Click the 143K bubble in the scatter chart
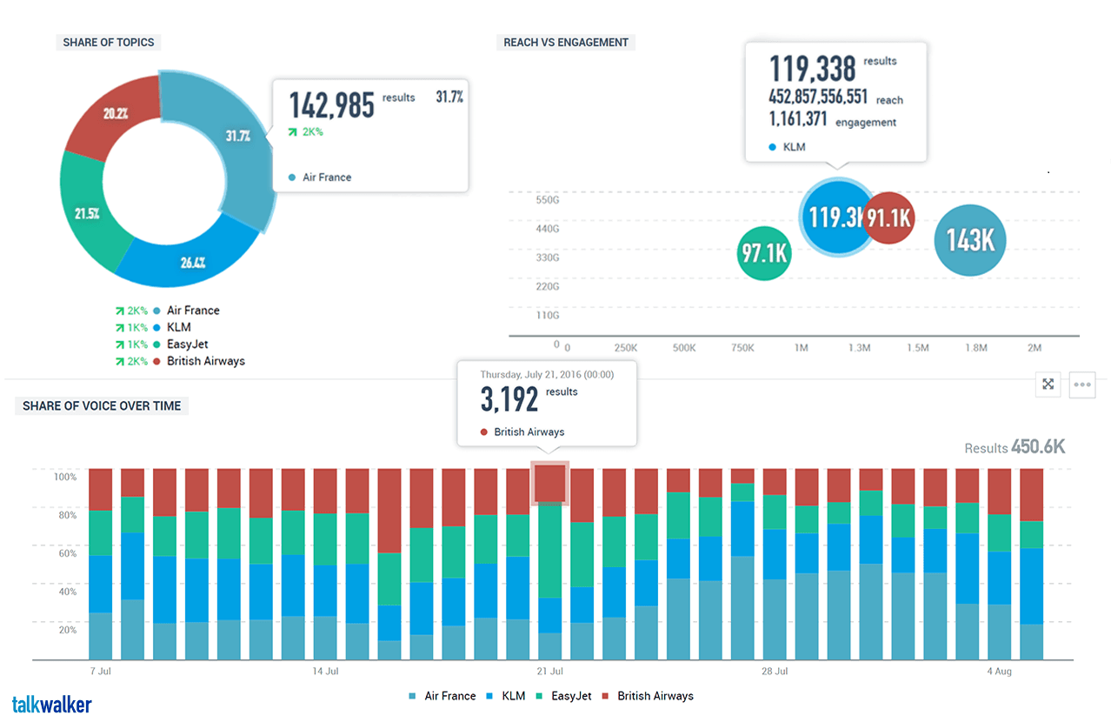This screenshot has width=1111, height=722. [x=969, y=239]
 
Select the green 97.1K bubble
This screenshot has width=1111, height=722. [x=764, y=253]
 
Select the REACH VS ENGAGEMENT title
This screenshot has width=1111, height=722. [x=566, y=42]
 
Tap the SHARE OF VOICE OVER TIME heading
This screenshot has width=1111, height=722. [x=102, y=405]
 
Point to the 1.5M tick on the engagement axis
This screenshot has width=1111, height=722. [x=918, y=348]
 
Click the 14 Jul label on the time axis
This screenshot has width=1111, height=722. [x=324, y=672]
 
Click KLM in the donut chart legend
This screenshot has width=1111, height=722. [x=178, y=327]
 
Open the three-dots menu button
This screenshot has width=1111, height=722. [x=1081, y=384]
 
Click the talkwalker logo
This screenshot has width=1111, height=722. [x=52, y=705]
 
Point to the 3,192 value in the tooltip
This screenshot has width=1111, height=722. [x=510, y=399]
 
